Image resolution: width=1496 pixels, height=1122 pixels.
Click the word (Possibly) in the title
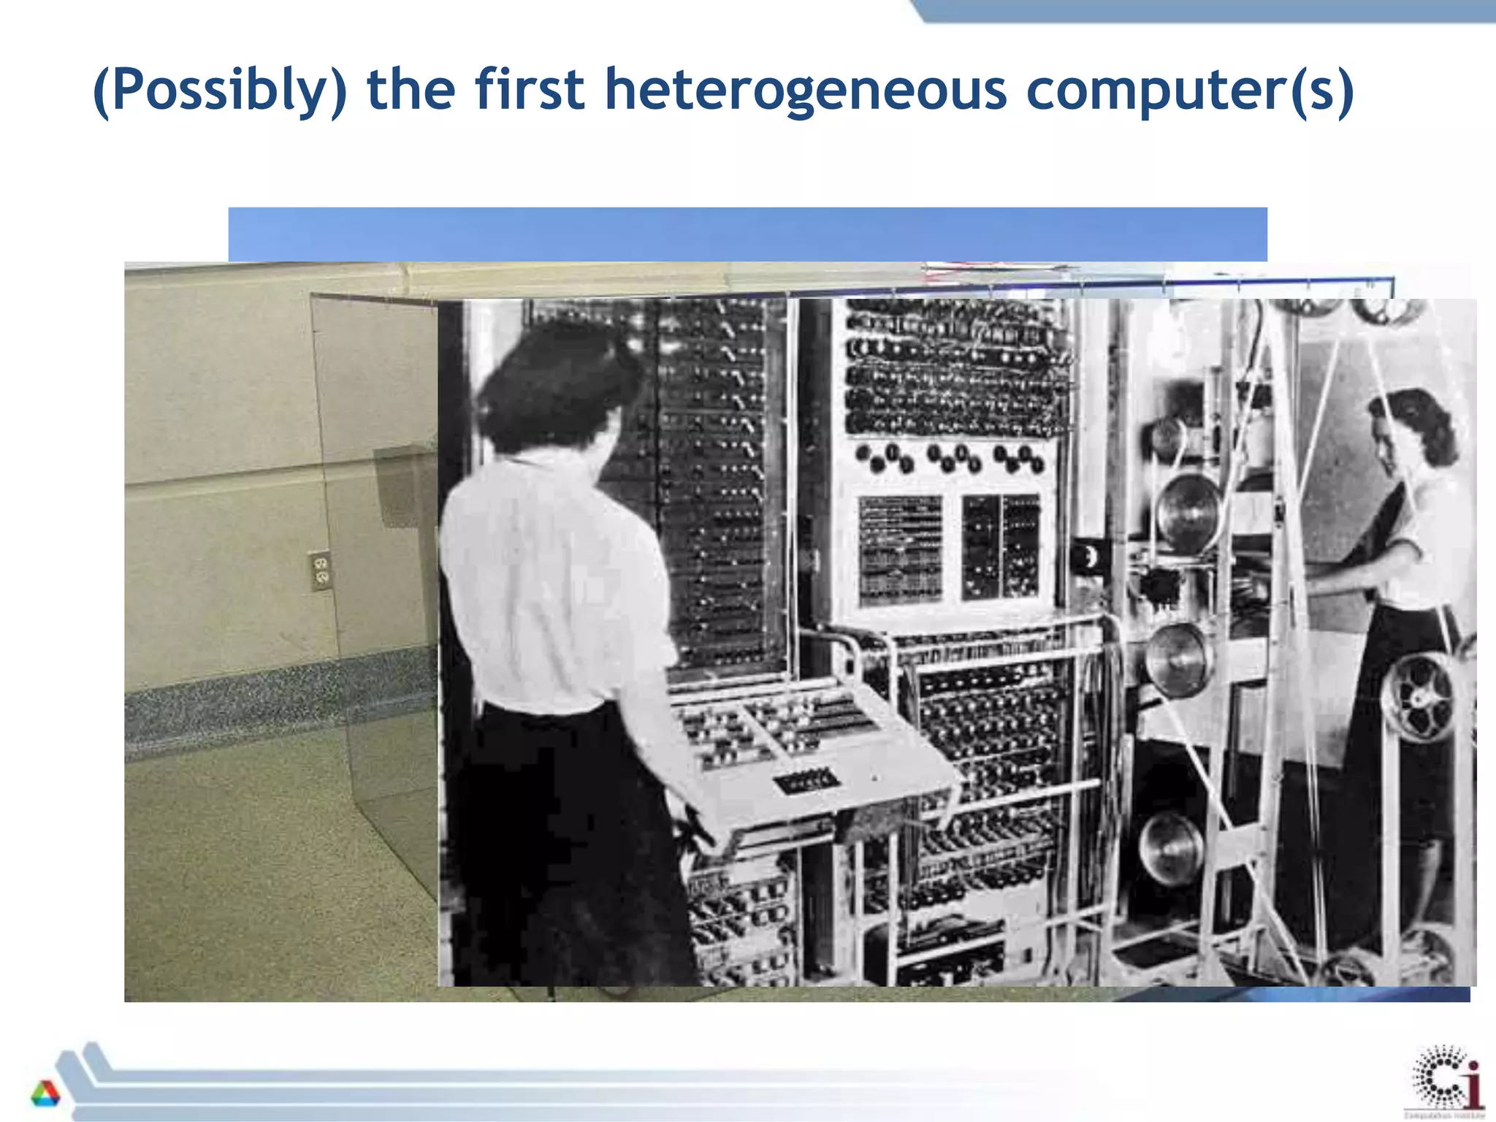pyautogui.click(x=220, y=91)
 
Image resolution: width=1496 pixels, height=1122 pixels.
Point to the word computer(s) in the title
pyautogui.click(x=1190, y=91)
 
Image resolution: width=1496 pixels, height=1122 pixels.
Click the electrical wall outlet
pyautogui.click(x=320, y=570)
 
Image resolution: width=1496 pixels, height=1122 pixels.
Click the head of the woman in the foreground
pyautogui.click(x=555, y=387)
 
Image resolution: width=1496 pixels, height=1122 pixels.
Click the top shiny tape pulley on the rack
pyautogui.click(x=1188, y=511)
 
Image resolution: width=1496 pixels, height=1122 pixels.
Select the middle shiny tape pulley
pyautogui.click(x=1178, y=657)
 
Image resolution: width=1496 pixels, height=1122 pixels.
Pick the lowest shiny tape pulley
pyautogui.click(x=1172, y=847)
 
